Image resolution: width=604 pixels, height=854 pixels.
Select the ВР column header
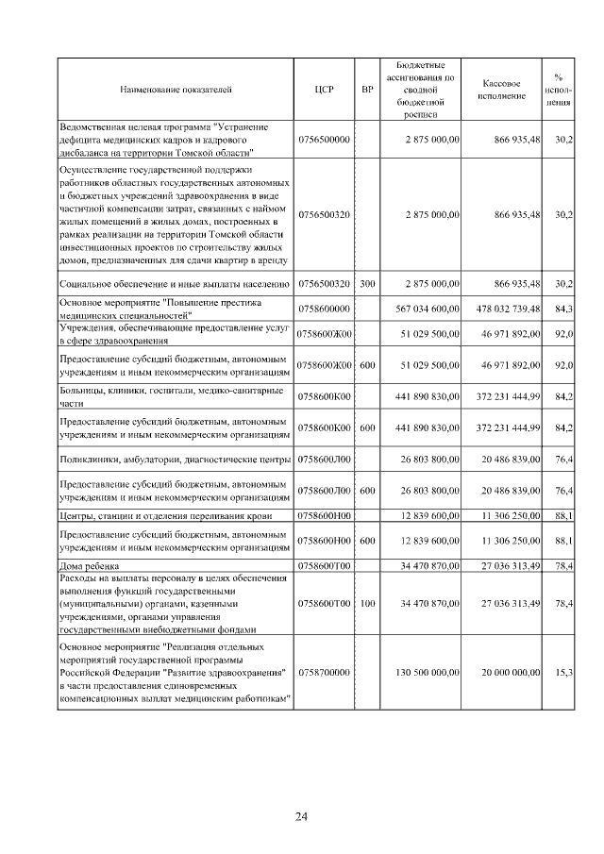tap(367, 91)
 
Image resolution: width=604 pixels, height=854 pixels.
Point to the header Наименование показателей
tap(176, 91)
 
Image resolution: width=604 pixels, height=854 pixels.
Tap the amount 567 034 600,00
tap(422, 309)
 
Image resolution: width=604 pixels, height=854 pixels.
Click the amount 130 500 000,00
tap(422, 672)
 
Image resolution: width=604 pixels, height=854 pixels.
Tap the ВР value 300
tap(367, 283)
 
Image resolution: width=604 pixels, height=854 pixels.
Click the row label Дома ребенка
tap(88, 566)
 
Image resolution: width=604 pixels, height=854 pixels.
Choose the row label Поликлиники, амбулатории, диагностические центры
tap(175, 460)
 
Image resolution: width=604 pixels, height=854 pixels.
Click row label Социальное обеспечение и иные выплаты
tap(175, 283)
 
